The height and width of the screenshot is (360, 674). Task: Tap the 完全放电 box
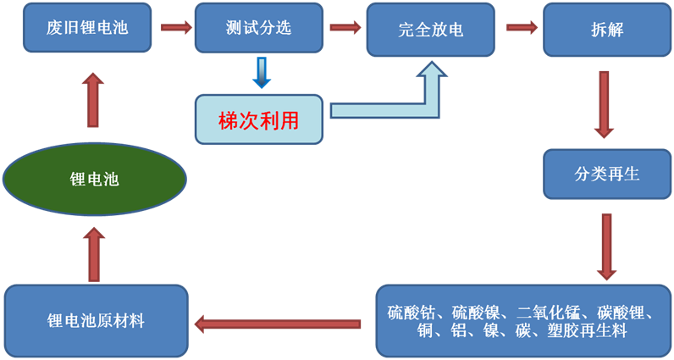pos(431,31)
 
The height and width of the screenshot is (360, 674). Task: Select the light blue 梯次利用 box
pos(259,119)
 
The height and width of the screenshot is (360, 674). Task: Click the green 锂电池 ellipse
pos(94,180)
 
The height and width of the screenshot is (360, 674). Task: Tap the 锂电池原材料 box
pos(96,320)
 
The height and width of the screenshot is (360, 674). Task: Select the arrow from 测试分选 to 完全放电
pos(345,27)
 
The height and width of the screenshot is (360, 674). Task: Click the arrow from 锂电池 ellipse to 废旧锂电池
pos(93,99)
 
